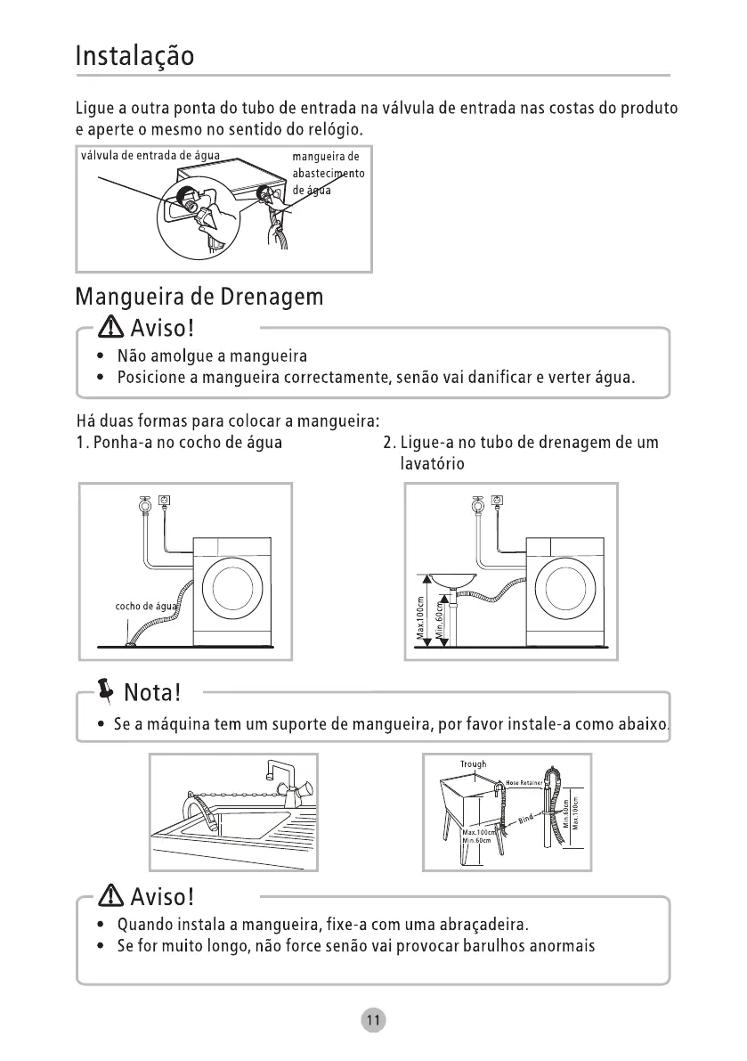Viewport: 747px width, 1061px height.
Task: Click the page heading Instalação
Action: point(134,56)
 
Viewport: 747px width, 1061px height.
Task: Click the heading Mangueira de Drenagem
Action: point(199,297)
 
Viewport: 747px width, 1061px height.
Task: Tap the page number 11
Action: point(373,1020)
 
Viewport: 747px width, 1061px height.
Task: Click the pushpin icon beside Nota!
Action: point(106,690)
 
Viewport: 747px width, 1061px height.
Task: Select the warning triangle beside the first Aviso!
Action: point(111,328)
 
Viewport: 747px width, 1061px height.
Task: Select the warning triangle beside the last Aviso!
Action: point(111,896)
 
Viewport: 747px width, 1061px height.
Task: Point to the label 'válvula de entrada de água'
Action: point(150,156)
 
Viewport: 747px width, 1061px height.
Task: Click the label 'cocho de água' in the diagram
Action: point(146,607)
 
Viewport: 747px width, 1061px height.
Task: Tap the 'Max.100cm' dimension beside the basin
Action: point(420,617)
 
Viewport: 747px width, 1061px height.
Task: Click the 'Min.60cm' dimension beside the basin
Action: point(438,621)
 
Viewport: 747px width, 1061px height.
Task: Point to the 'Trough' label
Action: point(473,764)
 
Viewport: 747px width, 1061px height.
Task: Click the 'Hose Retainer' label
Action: point(524,783)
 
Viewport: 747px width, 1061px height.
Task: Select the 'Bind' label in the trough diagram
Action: point(525,820)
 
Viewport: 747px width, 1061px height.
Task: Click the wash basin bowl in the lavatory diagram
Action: point(453,580)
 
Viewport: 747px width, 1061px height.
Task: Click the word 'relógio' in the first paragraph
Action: point(336,128)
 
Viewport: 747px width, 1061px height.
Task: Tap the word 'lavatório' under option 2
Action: point(432,463)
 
